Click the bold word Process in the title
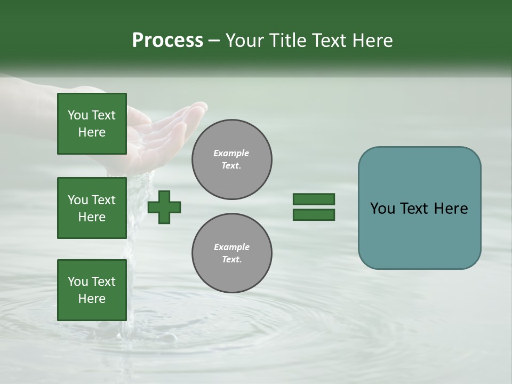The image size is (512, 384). (x=167, y=41)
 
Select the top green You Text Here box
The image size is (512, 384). (x=92, y=124)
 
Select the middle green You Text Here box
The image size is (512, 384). (x=92, y=208)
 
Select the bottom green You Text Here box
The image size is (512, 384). (x=92, y=290)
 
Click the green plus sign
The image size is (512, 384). (x=164, y=207)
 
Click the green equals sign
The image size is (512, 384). (x=314, y=207)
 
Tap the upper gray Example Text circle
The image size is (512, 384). (x=231, y=159)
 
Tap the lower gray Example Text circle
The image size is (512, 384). (x=231, y=253)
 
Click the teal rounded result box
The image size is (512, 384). (x=419, y=208)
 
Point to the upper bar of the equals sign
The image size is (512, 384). (x=314, y=199)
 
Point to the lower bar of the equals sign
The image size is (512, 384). (x=314, y=214)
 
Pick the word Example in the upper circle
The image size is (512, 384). (x=231, y=153)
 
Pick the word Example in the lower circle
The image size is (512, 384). (x=231, y=247)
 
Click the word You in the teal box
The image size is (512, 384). (x=381, y=209)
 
